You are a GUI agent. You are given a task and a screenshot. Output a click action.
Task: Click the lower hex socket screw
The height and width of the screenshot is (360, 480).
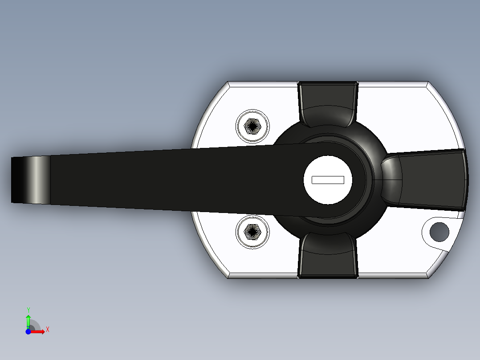pos(253,232)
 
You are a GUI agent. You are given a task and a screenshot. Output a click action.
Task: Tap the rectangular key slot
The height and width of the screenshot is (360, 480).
pos(328,180)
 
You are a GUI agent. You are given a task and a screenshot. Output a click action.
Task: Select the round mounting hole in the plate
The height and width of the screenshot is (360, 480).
pos(440,230)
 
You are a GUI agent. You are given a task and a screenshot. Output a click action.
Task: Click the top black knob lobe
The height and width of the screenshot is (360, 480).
pos(328,103)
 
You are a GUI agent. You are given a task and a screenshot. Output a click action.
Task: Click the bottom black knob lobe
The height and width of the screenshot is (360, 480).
pos(328,256)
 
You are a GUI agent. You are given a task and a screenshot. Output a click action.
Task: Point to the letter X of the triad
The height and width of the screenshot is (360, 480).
pos(48,330)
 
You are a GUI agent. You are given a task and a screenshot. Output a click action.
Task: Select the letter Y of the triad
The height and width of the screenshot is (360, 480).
pos(28,310)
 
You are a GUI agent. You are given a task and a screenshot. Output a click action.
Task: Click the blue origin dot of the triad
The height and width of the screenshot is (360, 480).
pos(28,331)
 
